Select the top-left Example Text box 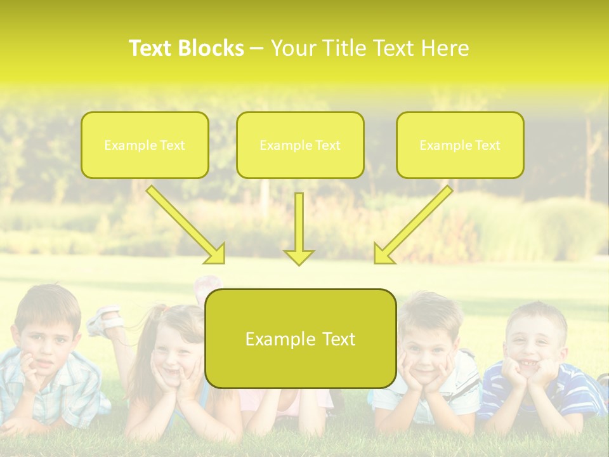[x=145, y=145]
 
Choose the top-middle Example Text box [x=300, y=145]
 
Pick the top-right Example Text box [x=460, y=145]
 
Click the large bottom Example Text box [x=300, y=338]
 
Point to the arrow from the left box [x=186, y=224]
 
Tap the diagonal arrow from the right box [x=413, y=225]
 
